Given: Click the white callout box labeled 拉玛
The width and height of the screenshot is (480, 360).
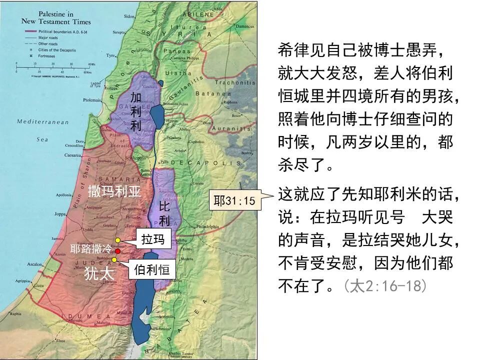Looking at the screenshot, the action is coord(153,239).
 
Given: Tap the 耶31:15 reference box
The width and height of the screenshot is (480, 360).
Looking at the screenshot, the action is coord(234,201).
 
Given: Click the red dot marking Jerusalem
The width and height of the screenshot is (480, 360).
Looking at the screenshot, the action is coord(117,251).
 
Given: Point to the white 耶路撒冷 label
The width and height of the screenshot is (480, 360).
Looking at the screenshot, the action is coord(91,249).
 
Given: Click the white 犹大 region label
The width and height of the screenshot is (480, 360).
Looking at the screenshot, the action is coord(99,273).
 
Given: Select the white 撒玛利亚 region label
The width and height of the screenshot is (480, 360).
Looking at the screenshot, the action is coord(114,192).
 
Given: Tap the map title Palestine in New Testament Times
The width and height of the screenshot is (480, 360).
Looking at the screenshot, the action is coord(55,18).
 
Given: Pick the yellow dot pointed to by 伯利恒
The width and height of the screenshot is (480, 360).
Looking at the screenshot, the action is coord(114,259).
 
